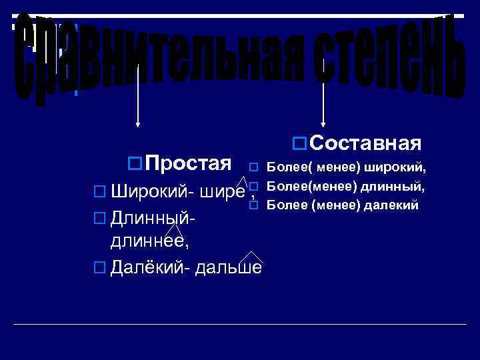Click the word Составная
(x=365, y=143)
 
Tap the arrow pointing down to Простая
(x=138, y=93)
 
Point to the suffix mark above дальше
(x=250, y=257)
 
